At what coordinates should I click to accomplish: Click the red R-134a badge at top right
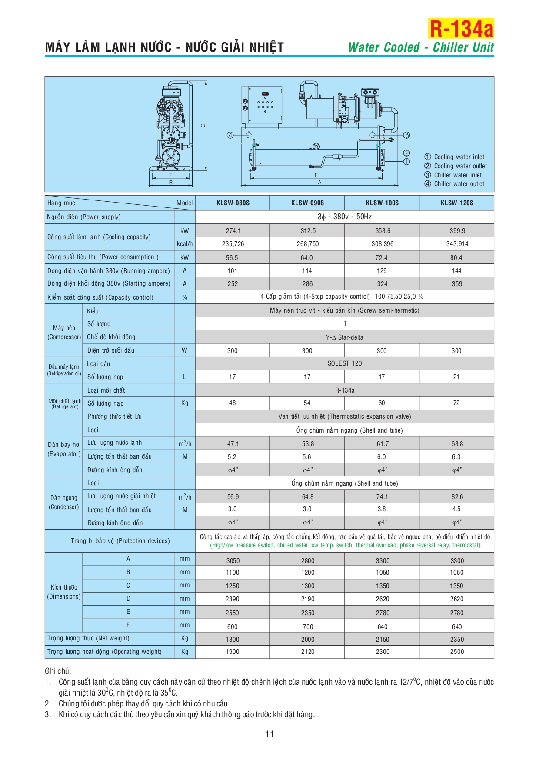461,29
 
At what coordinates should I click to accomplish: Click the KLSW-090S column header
307,203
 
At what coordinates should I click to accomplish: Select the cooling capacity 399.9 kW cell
457,231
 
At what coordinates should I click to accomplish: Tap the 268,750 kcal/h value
307,244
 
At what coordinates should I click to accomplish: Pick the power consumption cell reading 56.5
232,258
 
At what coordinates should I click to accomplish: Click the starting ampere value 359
457,284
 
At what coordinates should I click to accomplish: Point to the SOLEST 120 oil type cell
344,363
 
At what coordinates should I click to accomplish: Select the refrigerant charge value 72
456,403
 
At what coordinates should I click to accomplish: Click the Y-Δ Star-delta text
344,337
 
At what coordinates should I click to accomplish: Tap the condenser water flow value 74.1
382,497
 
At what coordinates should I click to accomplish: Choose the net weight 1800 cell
232,640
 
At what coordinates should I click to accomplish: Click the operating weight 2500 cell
457,652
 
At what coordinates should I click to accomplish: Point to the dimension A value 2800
307,561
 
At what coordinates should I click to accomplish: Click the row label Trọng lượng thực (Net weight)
88,638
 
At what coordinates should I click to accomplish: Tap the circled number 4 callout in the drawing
230,135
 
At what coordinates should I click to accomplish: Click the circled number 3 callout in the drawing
406,135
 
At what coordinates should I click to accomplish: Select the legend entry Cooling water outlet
460,166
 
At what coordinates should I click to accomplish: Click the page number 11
269,734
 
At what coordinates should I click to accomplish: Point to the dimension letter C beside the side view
203,126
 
